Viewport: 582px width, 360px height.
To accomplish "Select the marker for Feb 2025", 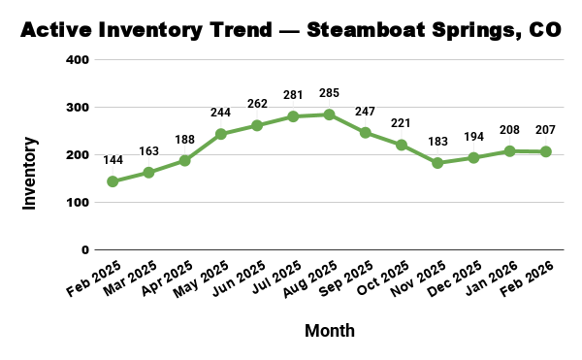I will [x=113, y=181].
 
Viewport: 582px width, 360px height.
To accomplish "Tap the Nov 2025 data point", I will [x=437, y=163].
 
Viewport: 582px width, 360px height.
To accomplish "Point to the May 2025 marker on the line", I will [x=220, y=134].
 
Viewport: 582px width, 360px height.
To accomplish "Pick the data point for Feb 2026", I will [x=546, y=151].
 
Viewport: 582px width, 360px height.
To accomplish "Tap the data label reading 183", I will [x=437, y=144].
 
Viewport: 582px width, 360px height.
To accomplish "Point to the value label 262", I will [x=256, y=106].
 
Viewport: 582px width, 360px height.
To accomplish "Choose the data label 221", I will [x=402, y=125].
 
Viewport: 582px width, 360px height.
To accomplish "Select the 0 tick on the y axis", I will [x=85, y=250].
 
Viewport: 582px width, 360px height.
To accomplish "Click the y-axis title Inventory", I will [x=30, y=174].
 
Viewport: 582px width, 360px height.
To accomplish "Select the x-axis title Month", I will [x=330, y=331].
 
